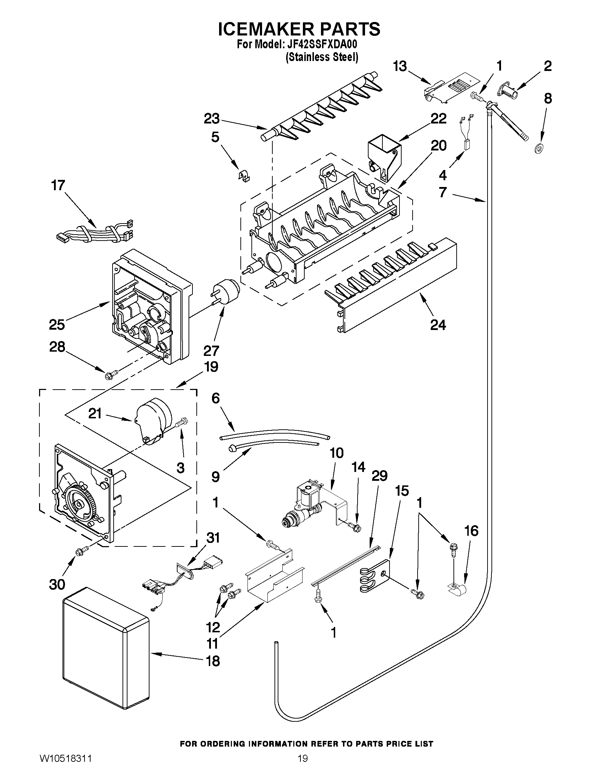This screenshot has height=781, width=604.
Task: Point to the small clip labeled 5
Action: [244, 175]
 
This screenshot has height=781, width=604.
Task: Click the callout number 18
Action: [213, 660]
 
